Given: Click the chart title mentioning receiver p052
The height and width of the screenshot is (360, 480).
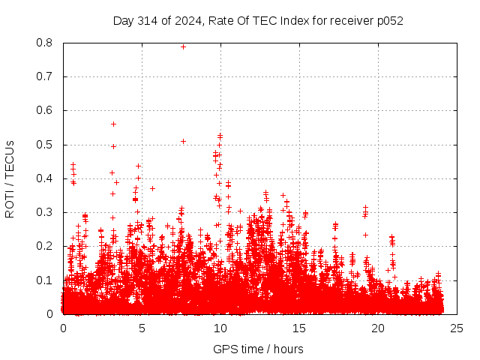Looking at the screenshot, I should coord(258,21).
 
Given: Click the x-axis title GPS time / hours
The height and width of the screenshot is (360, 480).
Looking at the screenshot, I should coord(258,349).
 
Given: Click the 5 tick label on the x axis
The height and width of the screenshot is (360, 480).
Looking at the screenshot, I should coord(142,328).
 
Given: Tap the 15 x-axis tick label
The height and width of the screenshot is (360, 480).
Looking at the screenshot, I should coord(299,328).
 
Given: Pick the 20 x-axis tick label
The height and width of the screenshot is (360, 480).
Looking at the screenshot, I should coord(378,328).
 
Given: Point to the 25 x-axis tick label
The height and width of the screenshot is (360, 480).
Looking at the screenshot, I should coord(457,328).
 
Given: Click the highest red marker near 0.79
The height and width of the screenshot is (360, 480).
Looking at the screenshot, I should coord(183,46).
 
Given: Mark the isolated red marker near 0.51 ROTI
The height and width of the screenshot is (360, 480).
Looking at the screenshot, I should coord(183,141).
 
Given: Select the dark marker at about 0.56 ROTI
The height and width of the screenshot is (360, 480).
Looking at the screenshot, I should coord(113,124).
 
